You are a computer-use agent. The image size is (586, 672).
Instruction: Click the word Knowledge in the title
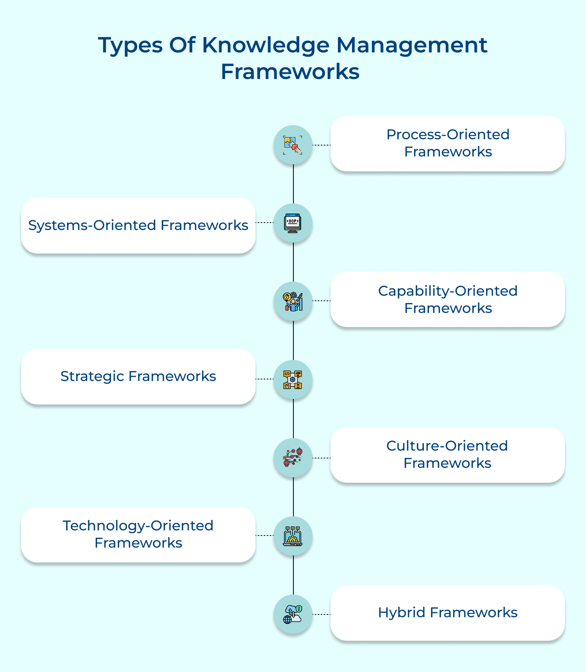coord(265,45)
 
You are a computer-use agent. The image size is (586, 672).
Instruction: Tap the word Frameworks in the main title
coord(290,72)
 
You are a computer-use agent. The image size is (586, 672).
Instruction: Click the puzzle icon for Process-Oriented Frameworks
coord(293,145)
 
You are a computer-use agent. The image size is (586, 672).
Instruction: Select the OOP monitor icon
coord(293,223)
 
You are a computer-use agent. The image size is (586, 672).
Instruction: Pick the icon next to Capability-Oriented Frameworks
coord(293,302)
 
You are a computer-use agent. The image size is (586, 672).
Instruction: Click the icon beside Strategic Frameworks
coord(293,380)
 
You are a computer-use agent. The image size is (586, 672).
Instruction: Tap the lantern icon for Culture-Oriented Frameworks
coord(293,458)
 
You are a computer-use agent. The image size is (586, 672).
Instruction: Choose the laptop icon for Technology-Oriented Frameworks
coord(293,536)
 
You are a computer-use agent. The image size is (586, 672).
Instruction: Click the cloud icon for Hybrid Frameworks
coord(293,614)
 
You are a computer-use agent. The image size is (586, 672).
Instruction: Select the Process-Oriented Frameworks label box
coord(447,144)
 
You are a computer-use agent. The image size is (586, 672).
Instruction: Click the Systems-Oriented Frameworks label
coord(138,226)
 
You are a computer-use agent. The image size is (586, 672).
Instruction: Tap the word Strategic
coord(92,377)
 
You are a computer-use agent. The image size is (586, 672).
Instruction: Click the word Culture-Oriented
coord(447,446)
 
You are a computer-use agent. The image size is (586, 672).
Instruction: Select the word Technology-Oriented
coord(138,526)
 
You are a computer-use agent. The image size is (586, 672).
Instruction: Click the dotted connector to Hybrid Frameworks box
coord(322,615)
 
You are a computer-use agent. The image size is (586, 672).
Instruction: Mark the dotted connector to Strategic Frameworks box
coord(264,379)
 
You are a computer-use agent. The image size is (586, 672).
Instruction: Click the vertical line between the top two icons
coord(293,184)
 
